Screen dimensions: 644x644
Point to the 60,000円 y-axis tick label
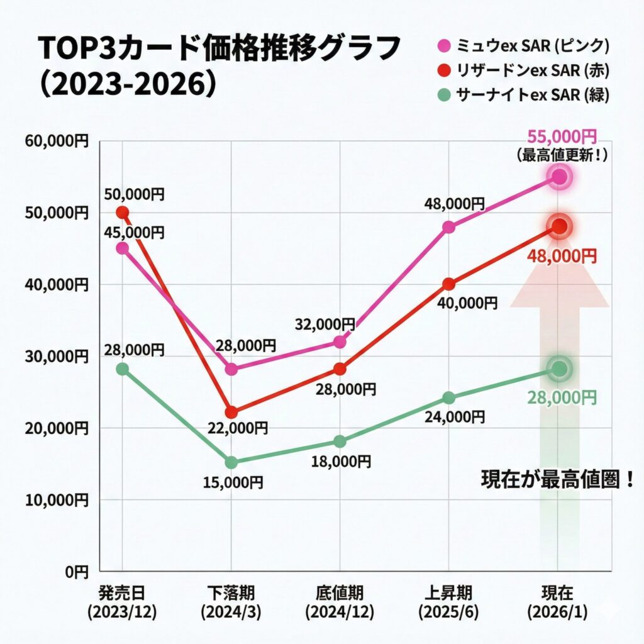[57, 141]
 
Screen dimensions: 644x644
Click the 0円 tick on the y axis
[79, 572]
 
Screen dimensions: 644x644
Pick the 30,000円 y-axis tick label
[57, 357]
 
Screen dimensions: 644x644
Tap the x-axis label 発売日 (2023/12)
[122, 602]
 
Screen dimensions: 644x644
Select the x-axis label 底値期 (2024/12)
[340, 602]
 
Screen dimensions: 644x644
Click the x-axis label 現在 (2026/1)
[557, 602]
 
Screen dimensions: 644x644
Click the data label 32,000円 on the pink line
[325, 325]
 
